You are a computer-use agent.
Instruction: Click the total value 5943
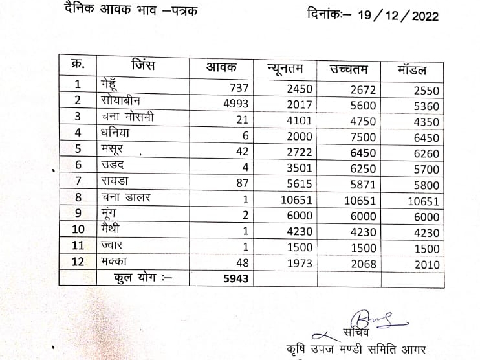(x=235, y=278)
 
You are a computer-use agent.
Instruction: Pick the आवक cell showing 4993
(x=235, y=104)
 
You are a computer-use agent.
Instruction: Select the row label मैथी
(x=112, y=229)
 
